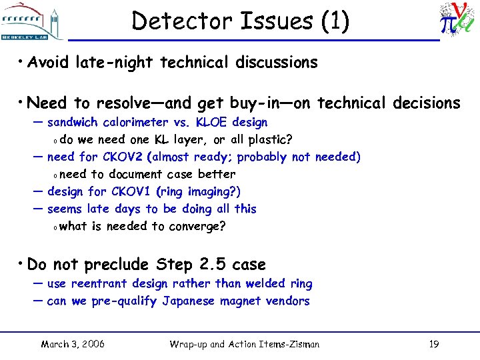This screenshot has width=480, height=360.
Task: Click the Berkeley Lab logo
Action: (x=32, y=21)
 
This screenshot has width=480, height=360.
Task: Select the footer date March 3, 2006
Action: (x=73, y=344)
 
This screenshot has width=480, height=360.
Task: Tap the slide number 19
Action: (x=433, y=344)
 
